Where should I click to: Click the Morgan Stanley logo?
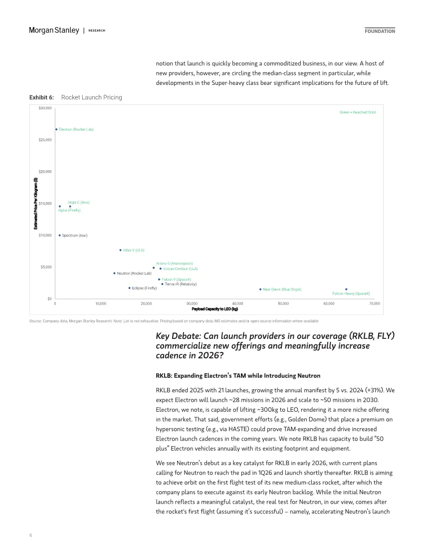54,30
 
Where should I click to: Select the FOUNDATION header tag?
380,31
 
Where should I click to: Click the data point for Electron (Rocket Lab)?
56,129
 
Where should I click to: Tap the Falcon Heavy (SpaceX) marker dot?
346,289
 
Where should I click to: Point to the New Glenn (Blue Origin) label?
282,289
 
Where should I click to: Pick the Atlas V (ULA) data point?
120,250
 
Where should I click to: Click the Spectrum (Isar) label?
75,236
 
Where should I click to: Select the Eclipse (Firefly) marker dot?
129,288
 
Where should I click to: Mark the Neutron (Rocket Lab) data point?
114,274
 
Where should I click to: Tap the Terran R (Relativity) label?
181,284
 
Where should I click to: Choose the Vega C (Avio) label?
79,202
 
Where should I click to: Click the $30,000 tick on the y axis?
45,108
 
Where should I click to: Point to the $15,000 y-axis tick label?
45,204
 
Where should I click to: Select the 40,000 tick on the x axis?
237,303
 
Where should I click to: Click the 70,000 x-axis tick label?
374,303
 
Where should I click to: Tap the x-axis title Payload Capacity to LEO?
214,309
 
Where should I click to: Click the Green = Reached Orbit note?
358,112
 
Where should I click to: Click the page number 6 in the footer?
30,535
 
